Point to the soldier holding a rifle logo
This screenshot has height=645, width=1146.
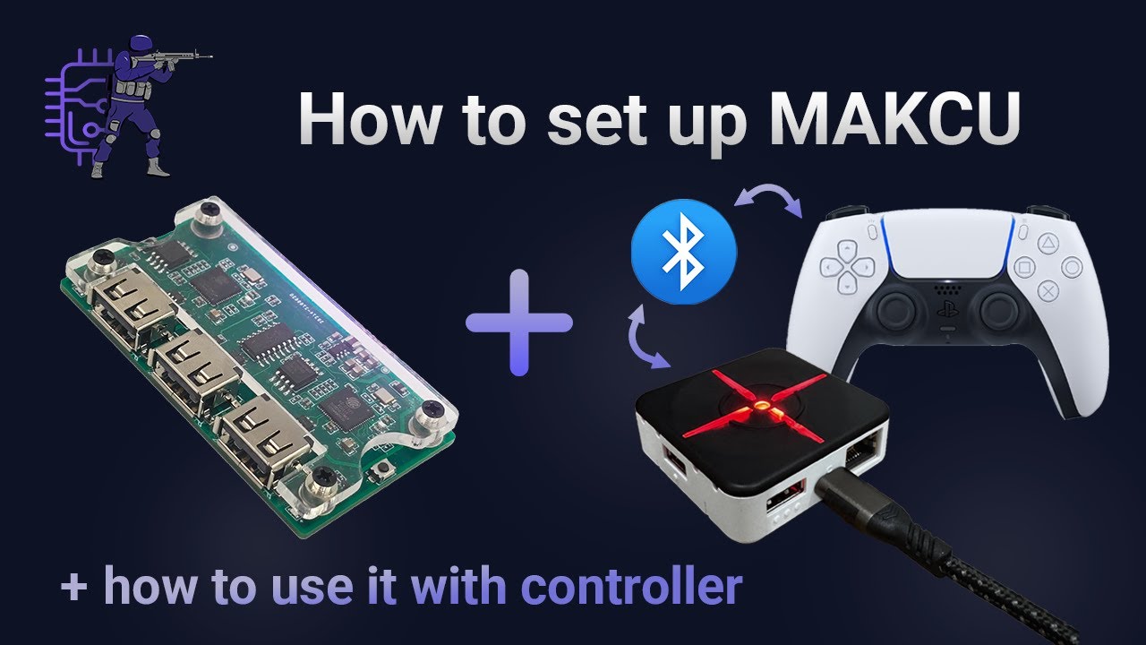tap(134, 103)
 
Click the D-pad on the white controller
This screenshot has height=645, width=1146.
tap(849, 265)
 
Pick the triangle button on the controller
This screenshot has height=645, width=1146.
tap(1048, 242)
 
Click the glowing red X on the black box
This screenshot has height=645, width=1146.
tap(757, 406)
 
